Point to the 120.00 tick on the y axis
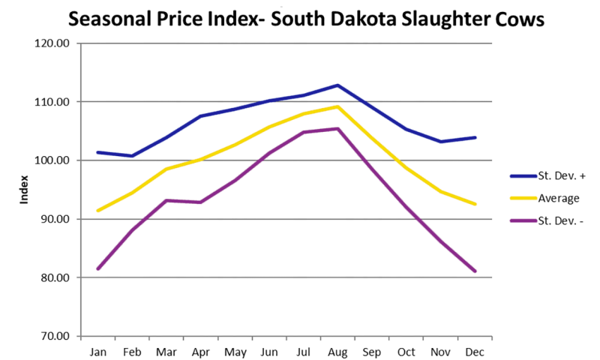click(x=53, y=43)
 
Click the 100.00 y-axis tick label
click(x=53, y=160)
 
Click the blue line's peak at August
click(x=337, y=85)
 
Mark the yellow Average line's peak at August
click(x=337, y=106)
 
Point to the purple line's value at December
click(x=474, y=271)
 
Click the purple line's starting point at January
click(x=98, y=268)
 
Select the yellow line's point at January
click(x=98, y=210)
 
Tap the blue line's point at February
click(x=133, y=156)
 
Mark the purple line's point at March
click(x=166, y=200)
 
